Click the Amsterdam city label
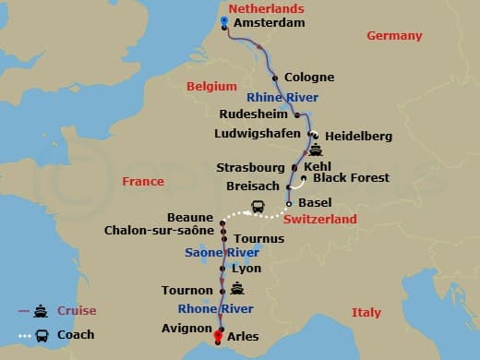point(269,22)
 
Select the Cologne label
point(309,78)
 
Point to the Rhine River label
point(282,97)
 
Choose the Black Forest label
point(351,177)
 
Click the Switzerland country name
point(319,220)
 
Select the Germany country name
point(394,36)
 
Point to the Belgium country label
point(206,86)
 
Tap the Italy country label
point(366,313)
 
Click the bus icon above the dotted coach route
point(258,208)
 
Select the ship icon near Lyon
point(238,288)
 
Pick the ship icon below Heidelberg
point(316,150)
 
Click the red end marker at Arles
point(219,337)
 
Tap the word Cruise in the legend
point(77,311)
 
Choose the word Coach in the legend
point(76,334)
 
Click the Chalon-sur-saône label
point(162,231)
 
